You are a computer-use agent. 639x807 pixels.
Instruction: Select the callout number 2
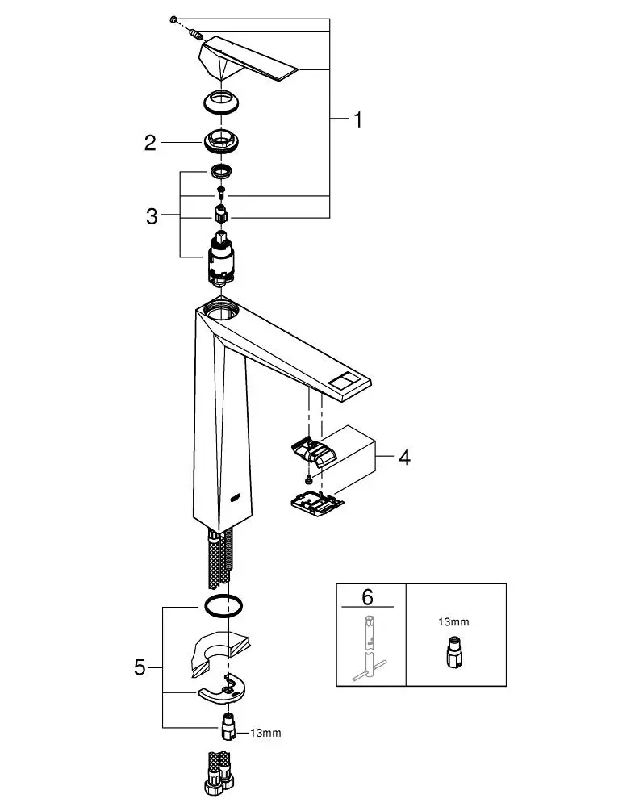click(x=149, y=143)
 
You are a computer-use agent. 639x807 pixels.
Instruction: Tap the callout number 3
click(x=152, y=215)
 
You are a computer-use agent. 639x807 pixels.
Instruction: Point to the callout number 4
click(x=403, y=458)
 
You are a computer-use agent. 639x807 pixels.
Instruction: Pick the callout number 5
click(x=140, y=667)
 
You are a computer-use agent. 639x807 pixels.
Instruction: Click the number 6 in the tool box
click(x=367, y=597)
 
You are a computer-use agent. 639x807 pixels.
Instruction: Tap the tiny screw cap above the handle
click(x=173, y=19)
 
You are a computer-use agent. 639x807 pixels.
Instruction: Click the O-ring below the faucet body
click(x=223, y=605)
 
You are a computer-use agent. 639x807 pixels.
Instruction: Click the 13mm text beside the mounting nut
click(x=265, y=733)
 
